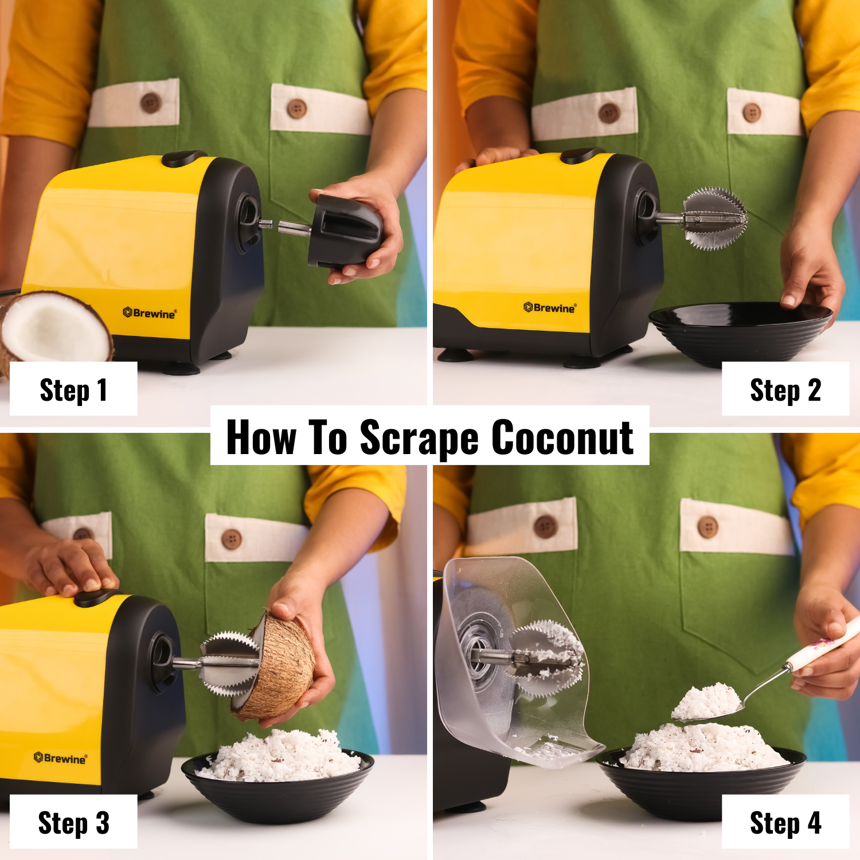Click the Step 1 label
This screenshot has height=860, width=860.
(73, 390)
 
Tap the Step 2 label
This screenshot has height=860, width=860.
(785, 390)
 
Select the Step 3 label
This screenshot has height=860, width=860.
(73, 823)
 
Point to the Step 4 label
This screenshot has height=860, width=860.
(785, 823)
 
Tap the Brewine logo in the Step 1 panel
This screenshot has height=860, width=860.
(150, 313)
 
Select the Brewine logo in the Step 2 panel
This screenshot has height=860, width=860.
(549, 308)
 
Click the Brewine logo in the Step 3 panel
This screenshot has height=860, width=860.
(60, 758)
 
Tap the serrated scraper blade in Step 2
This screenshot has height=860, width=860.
(716, 218)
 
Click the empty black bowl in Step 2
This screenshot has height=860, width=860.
(740, 333)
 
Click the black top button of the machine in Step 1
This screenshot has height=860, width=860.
(183, 158)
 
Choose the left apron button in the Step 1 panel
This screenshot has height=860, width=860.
(151, 103)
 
